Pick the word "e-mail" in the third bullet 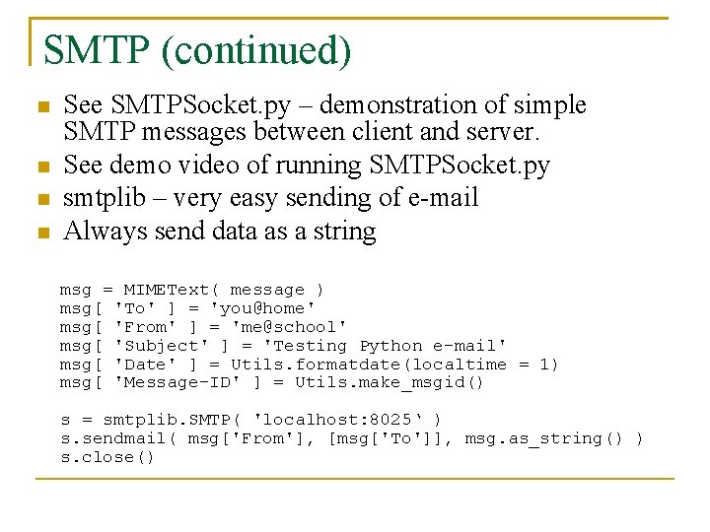[442, 198]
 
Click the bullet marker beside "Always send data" [40, 233]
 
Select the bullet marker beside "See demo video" [40, 166]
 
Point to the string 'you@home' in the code [263, 308]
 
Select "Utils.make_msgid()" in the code [390, 382]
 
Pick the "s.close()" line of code [107, 457]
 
